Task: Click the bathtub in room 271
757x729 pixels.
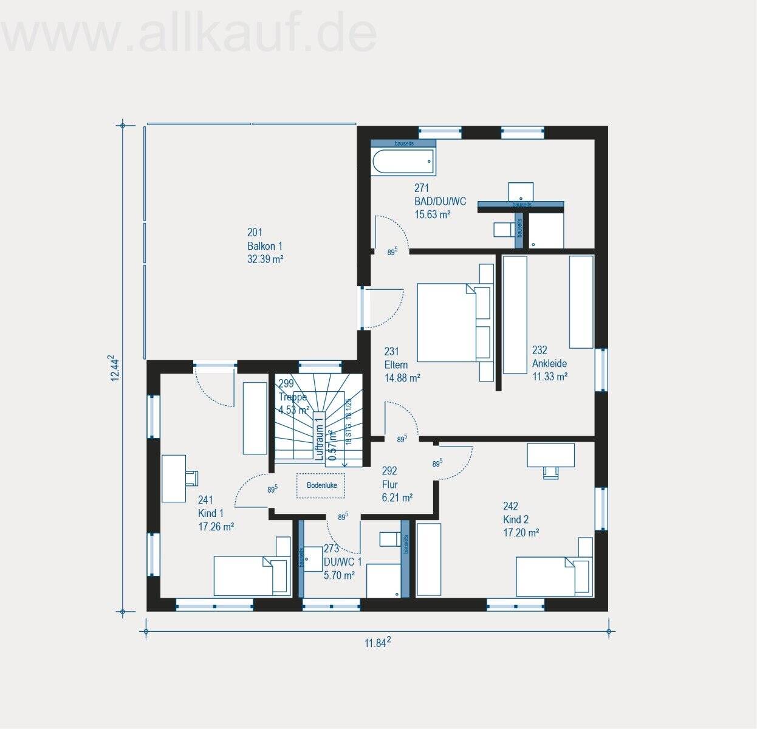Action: point(403,162)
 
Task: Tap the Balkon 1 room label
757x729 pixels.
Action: point(265,246)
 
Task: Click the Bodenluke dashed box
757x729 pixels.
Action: point(321,485)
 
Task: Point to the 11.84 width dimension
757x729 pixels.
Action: point(377,643)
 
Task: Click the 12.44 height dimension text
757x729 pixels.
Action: point(114,368)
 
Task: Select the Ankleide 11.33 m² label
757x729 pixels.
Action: point(549,363)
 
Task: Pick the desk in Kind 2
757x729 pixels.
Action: point(550,455)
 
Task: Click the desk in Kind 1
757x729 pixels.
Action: point(174,479)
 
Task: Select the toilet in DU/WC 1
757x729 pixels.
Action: point(388,539)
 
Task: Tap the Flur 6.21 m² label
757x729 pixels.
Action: point(397,484)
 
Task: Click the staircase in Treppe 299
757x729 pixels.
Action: point(316,419)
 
